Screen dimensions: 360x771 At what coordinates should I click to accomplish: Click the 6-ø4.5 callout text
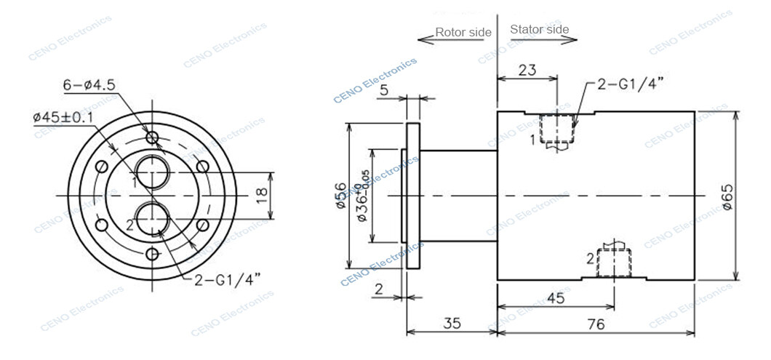(89, 85)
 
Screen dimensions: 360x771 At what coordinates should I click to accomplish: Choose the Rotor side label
(463, 32)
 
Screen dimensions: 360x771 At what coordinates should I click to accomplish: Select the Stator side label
(539, 30)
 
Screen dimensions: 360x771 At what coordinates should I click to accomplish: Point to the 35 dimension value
(451, 325)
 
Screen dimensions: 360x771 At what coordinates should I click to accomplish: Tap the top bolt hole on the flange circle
(152, 137)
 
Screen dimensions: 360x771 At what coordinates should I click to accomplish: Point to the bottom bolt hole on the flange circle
(152, 254)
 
